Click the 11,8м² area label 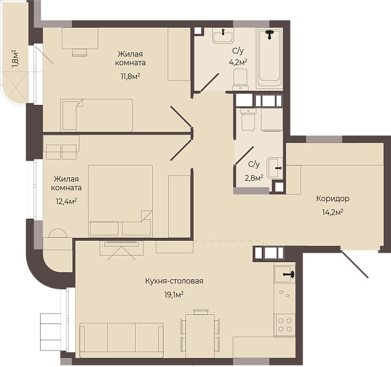pos(130,76)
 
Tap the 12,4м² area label pos(66,201)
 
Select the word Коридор pos(333,199)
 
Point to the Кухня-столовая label pos(174,281)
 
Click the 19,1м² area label pos(174,295)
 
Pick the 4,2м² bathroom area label pos(238,62)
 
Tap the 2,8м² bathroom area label pos(254,178)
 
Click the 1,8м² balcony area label pos(15,59)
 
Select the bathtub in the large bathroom pos(270,58)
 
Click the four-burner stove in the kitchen pos(285,324)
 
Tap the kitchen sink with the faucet pos(284,274)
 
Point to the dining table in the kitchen pos(200,332)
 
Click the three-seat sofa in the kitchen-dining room pos(121,340)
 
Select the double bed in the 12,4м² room pos(120,200)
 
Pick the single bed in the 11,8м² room pos(97,115)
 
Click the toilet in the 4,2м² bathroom pos(241,79)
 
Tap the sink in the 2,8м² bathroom pos(275,168)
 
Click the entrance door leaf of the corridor pos(355,264)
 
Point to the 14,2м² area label pos(333,212)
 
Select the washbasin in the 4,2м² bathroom pos(223,36)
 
